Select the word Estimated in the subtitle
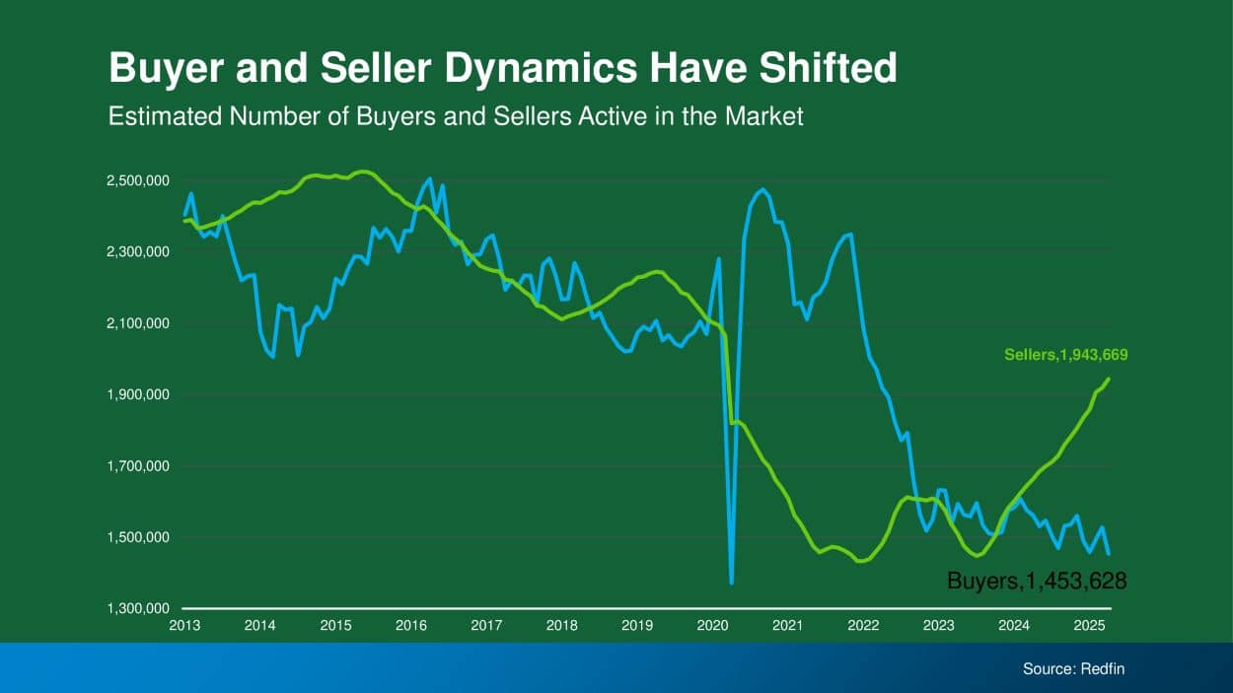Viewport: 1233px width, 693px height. (163, 116)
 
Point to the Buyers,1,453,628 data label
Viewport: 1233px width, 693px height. (1037, 582)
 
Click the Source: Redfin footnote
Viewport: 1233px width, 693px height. (1073, 668)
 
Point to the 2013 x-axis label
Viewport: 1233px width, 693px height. (184, 625)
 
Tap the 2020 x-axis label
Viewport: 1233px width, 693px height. (712, 625)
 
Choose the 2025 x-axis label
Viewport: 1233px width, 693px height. (1089, 625)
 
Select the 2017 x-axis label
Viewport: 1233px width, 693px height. (486, 625)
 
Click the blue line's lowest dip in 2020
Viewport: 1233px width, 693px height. (731, 583)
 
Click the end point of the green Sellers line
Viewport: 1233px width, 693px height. (1109, 379)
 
